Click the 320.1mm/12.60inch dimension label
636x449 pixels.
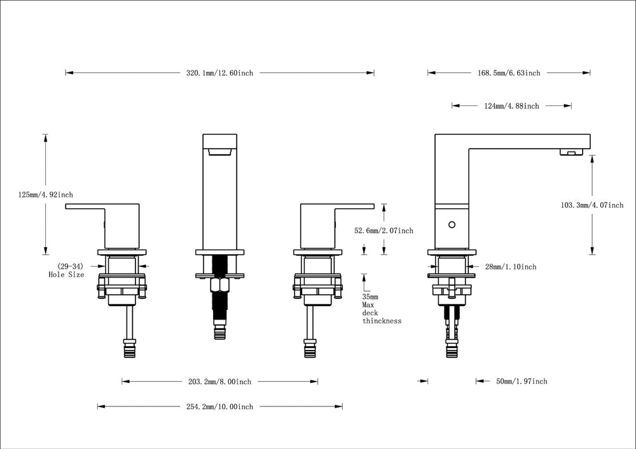pyautogui.click(x=219, y=73)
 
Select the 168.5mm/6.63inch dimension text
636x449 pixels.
pyautogui.click(x=509, y=73)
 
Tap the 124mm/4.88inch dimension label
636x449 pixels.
pyautogui.click(x=511, y=106)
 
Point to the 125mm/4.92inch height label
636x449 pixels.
pyautogui.click(x=45, y=195)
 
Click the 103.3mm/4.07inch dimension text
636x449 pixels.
pyautogui.click(x=591, y=205)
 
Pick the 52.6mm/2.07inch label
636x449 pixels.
pyautogui.click(x=384, y=231)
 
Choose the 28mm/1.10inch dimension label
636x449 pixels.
pyautogui.click(x=511, y=267)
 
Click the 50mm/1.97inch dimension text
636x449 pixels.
pyautogui.click(x=522, y=382)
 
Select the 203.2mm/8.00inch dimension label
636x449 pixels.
pyautogui.click(x=219, y=382)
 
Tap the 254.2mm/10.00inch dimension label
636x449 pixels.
pyautogui.click(x=219, y=406)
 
